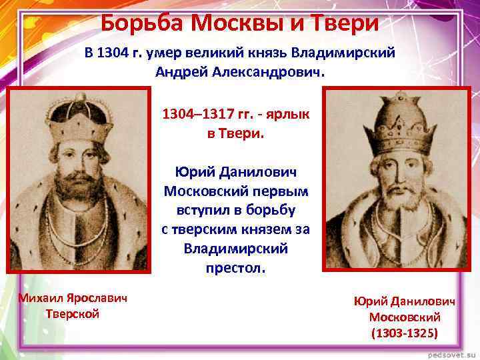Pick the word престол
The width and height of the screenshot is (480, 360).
click(x=236, y=269)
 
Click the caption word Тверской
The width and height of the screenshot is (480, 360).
click(x=73, y=313)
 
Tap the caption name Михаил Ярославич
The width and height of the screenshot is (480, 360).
click(x=73, y=297)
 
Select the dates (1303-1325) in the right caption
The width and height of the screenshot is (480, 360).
click(x=405, y=333)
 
